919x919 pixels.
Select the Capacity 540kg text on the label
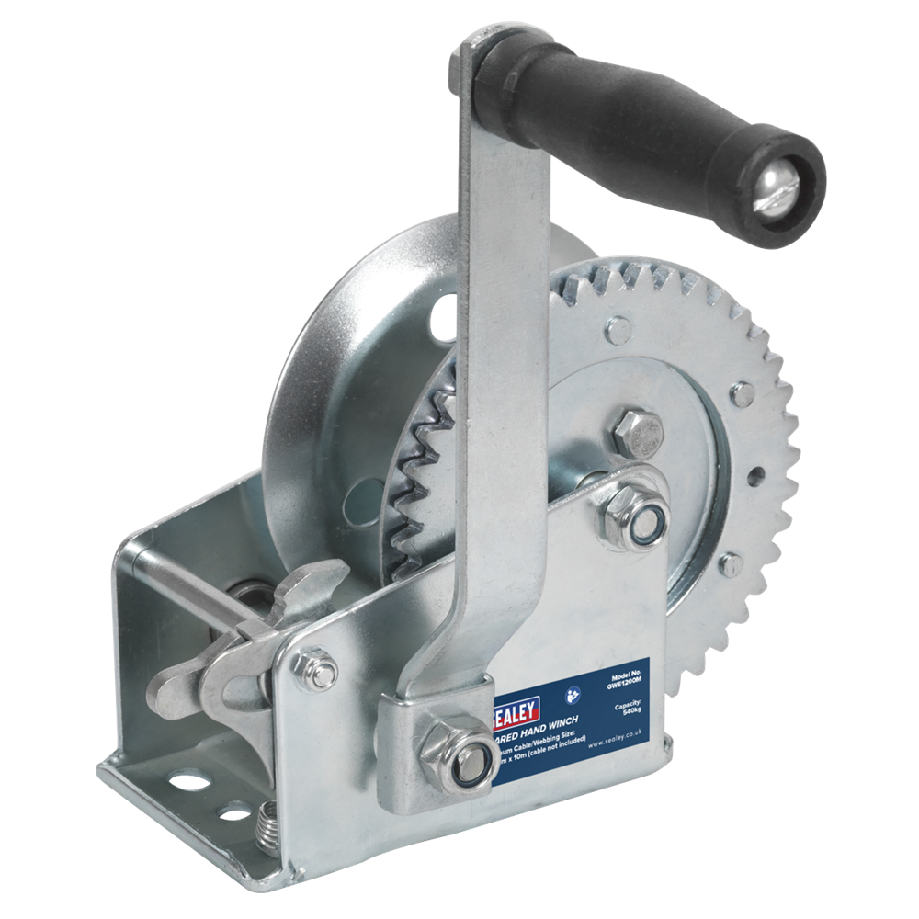click(x=630, y=710)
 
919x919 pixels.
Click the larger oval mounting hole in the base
click(x=188, y=781)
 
